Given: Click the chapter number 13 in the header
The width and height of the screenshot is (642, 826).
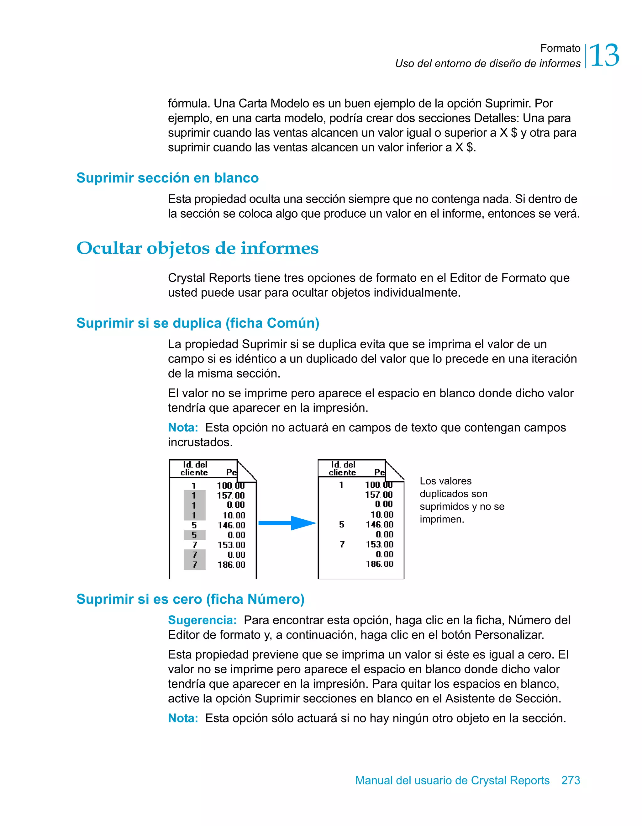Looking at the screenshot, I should coord(604,56).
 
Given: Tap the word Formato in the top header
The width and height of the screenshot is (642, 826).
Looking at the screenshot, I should coord(560,48).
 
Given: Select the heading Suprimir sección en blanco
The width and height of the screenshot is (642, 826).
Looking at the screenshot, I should coord(167,178).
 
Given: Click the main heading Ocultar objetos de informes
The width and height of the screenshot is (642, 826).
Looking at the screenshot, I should coord(197,248).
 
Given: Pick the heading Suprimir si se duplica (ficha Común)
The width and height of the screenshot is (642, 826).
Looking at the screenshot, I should coord(198,323).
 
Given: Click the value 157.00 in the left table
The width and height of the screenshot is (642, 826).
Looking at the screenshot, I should coord(231,495).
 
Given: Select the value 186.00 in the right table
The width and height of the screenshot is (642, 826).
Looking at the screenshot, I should coord(379,564).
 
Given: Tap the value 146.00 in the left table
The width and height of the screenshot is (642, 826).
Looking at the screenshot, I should coord(231,525).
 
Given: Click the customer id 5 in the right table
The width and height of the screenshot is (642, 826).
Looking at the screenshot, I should coord(341,524).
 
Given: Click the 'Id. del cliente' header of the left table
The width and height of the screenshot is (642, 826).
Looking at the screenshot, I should coord(194,468).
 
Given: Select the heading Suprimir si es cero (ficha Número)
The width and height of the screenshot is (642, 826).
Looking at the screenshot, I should coord(190,599).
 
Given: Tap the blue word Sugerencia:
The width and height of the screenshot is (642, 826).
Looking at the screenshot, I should coord(202,620).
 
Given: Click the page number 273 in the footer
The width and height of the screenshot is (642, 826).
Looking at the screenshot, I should coord(570,780).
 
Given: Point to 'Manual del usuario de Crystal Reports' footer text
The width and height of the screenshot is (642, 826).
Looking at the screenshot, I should coord(452,780).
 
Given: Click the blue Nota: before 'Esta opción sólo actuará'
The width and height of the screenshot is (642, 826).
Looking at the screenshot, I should coord(183,718).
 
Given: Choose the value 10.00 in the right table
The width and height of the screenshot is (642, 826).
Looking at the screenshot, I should coord(382,514).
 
